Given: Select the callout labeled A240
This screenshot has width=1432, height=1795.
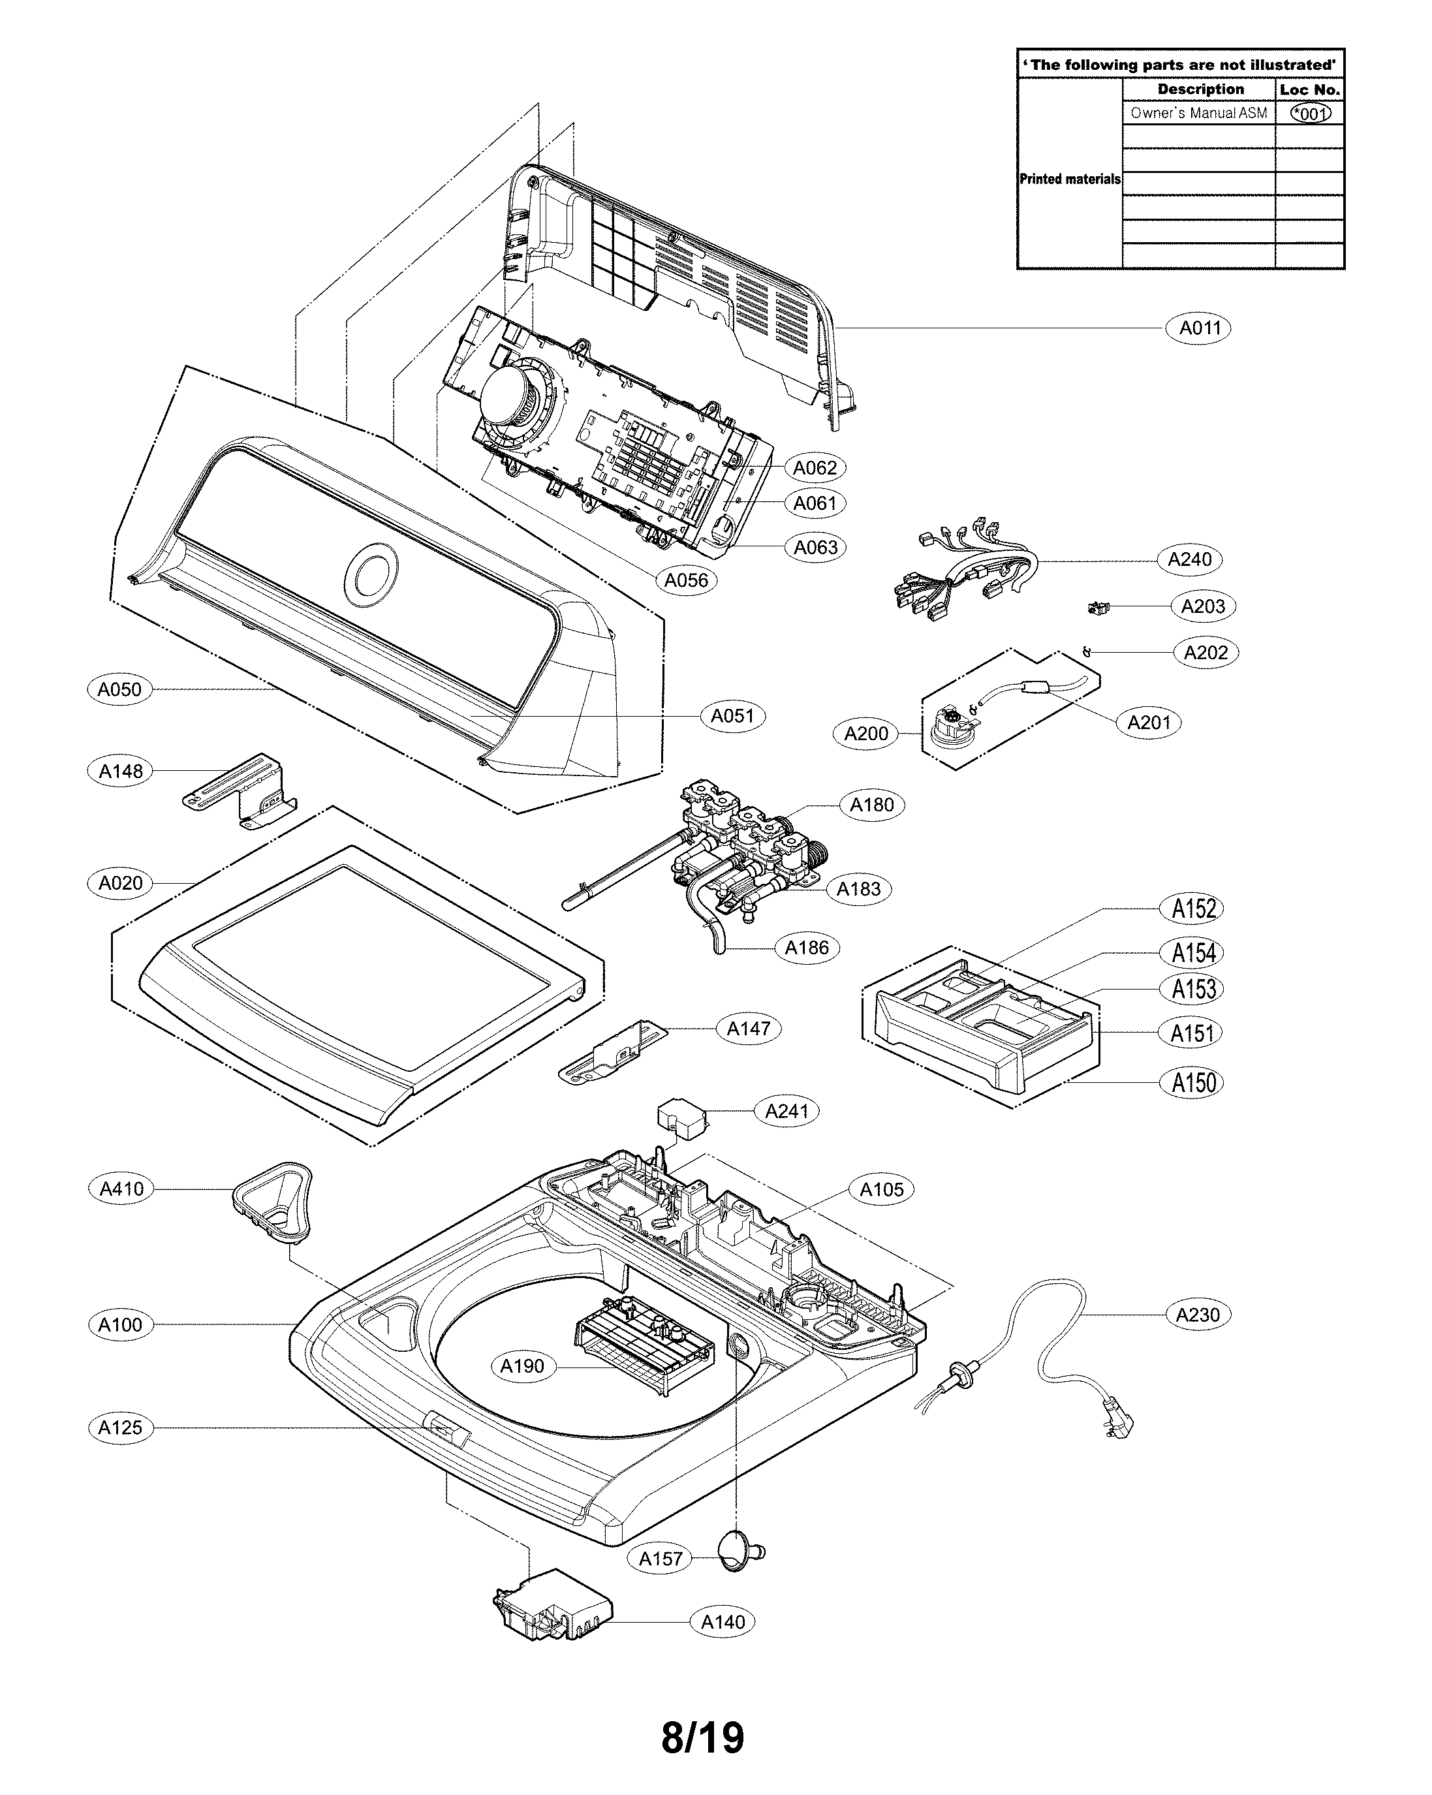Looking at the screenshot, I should point(1189,559).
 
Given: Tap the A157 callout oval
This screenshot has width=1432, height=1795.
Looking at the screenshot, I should point(661,1559).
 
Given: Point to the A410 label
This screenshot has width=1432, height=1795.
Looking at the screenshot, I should point(121,1189).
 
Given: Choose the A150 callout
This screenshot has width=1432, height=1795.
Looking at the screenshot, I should point(1193,1083).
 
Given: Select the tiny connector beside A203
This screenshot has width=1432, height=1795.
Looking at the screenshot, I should point(1100,608).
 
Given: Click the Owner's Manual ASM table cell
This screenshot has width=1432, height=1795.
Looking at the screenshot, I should point(1198,113).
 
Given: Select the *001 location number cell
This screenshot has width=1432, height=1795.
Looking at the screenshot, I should point(1309,113).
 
